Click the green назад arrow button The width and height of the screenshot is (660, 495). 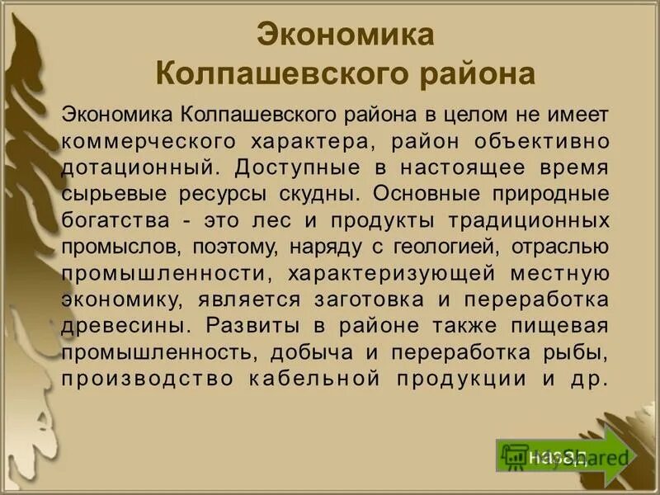tap(561, 455)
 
